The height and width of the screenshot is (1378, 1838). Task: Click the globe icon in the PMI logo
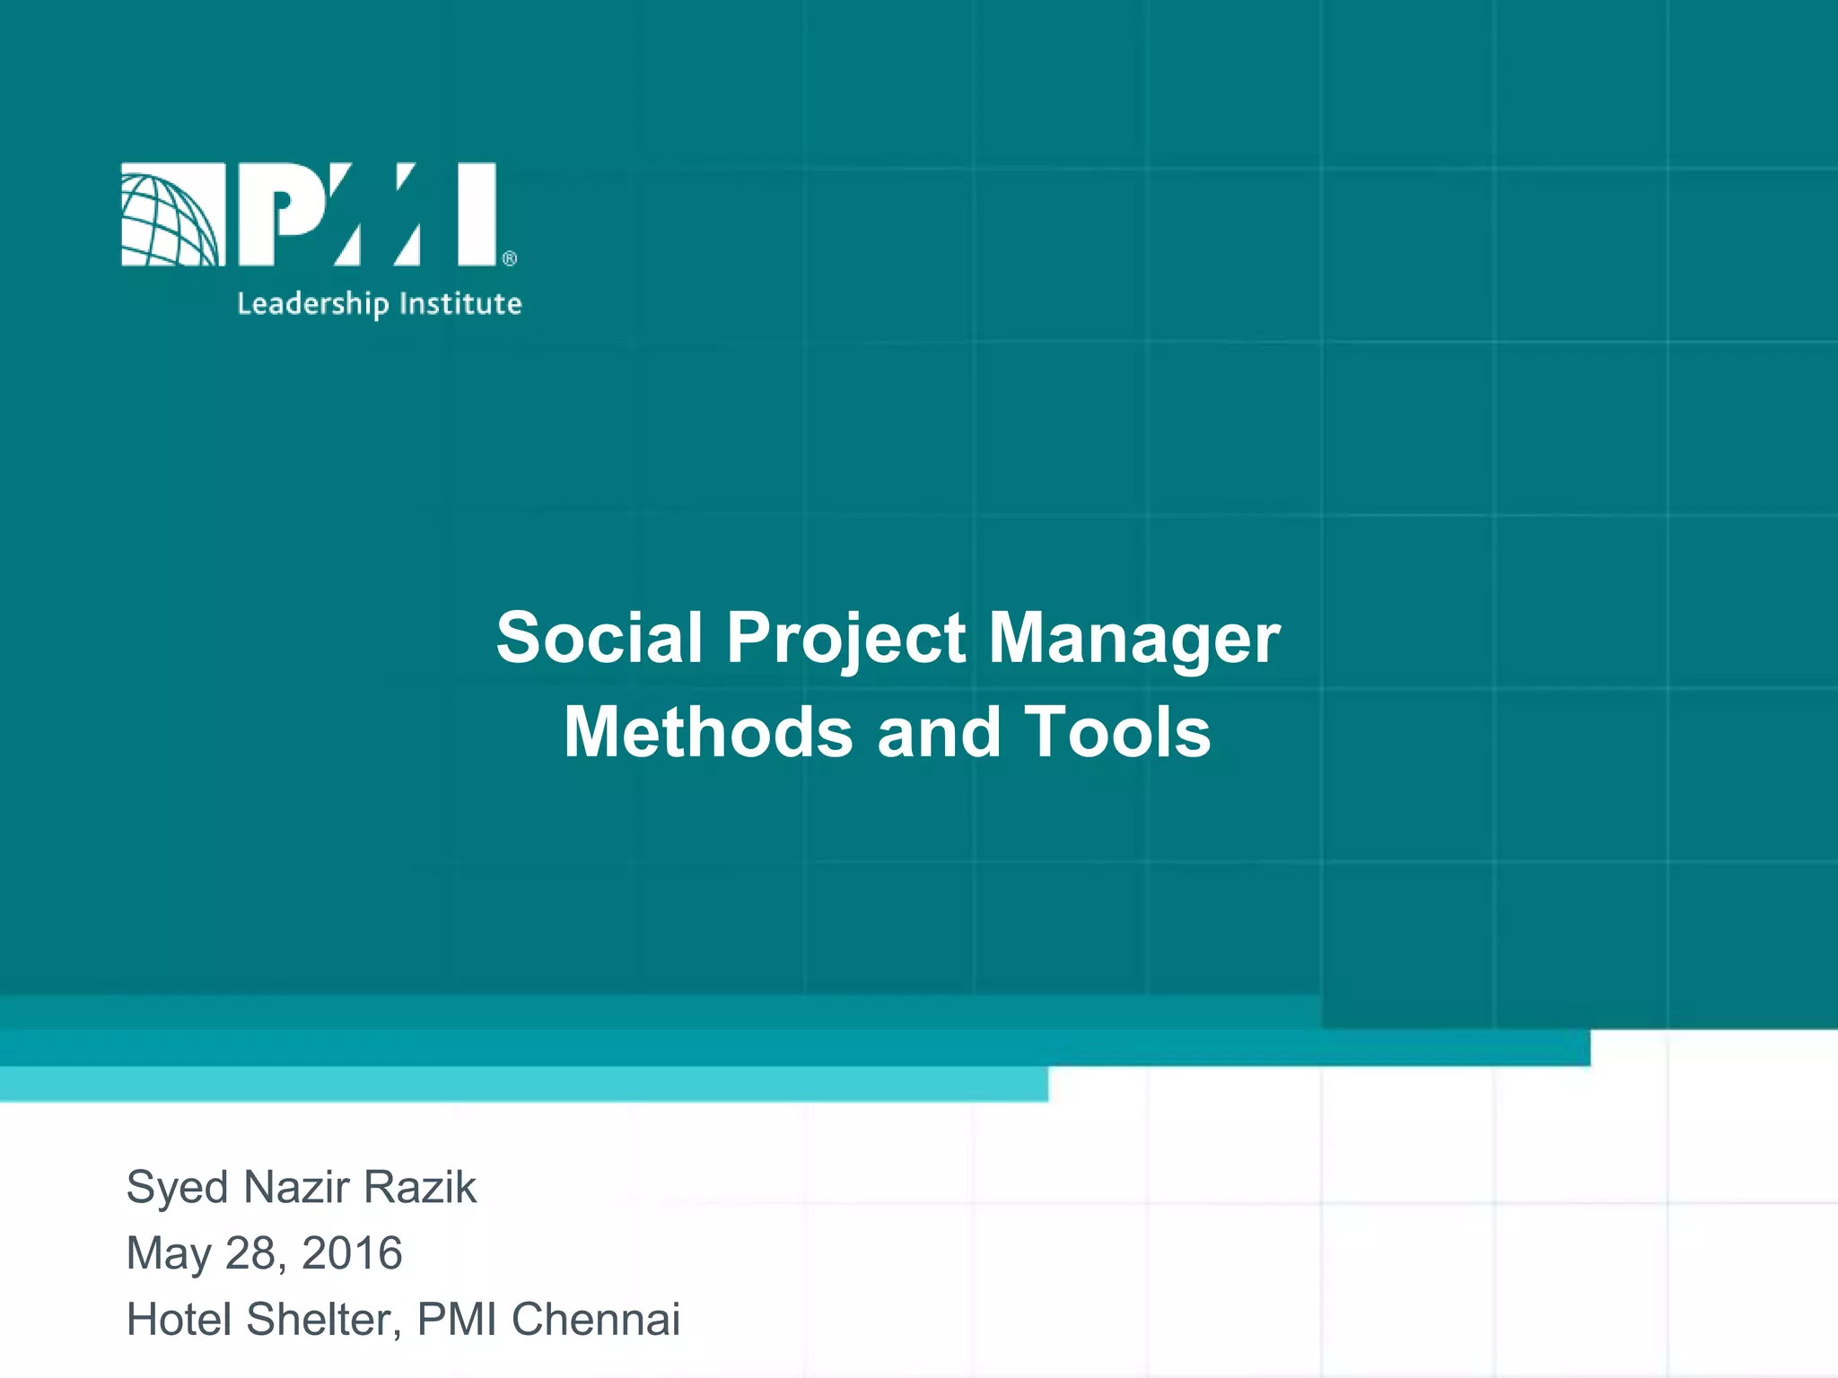point(171,214)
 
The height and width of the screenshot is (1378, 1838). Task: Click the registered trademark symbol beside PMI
point(509,258)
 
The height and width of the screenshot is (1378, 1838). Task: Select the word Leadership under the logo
point(312,304)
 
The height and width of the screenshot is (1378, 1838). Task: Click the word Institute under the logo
point(460,303)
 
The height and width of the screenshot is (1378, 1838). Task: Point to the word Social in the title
point(600,638)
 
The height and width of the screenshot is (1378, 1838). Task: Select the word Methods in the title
point(708,732)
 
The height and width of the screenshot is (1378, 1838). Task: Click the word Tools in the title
point(1117,732)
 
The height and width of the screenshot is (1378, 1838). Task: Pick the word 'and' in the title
point(939,732)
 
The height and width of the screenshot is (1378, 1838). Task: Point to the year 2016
point(352,1252)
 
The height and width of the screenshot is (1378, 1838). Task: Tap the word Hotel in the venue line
point(179,1319)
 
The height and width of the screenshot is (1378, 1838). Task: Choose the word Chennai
point(596,1319)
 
